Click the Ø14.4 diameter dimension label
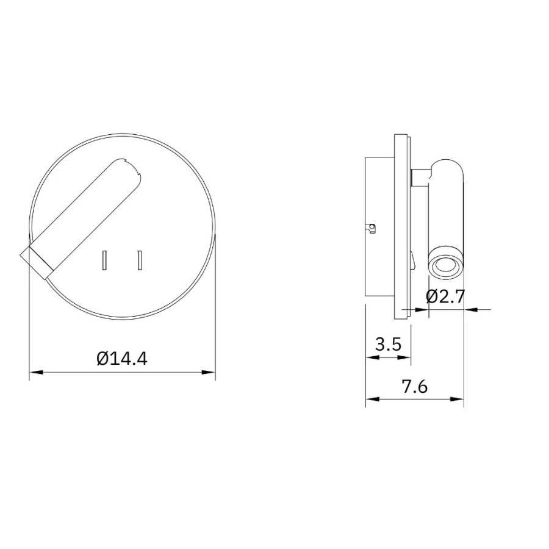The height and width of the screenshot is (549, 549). point(122,358)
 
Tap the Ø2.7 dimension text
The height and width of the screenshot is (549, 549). point(445,297)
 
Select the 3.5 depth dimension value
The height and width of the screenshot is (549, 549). point(389,344)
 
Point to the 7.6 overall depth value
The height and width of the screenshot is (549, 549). point(415,387)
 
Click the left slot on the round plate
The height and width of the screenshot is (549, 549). point(104,260)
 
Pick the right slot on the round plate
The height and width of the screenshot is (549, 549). point(140,260)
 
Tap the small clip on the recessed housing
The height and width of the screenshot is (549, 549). point(371,228)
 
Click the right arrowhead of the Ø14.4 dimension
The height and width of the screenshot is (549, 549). point(209,372)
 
